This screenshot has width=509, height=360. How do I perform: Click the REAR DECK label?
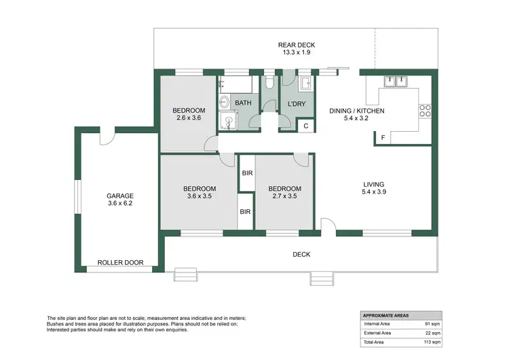point(297,45)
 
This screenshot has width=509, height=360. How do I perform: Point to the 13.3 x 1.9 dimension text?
point(297,53)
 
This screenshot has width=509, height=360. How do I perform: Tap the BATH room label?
point(244,103)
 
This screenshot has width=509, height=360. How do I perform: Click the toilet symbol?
point(271,83)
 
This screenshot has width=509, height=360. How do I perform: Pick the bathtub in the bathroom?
point(237,86)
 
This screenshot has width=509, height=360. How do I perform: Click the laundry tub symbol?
point(305,84)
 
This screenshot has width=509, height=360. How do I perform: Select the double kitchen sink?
point(396,82)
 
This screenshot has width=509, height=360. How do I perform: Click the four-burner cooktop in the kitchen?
point(425,110)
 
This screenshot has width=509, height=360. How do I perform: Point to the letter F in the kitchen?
point(383,139)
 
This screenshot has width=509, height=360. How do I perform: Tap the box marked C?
point(306,126)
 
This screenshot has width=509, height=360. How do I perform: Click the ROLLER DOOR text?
point(118,262)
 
